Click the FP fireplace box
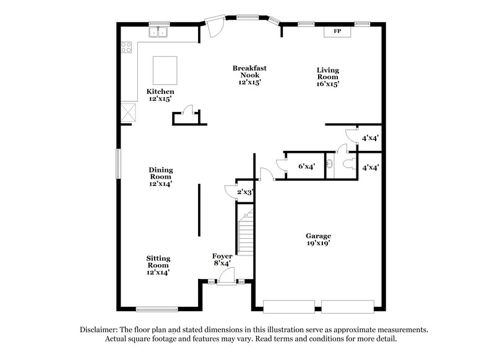coord(338,30)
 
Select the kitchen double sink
coord(160,32)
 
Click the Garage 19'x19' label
coord(318,239)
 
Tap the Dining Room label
coord(160,176)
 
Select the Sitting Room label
coord(158,265)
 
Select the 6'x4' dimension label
coord(306,166)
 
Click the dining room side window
coord(119,163)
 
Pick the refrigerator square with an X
coord(128,111)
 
